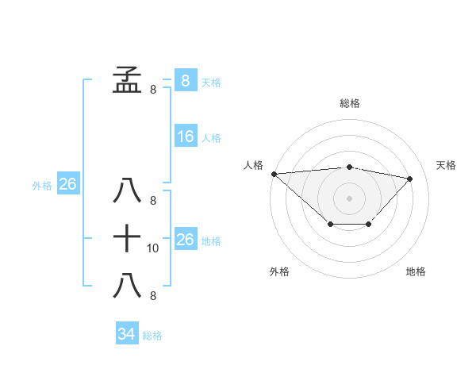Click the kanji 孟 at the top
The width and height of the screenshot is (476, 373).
[127, 79]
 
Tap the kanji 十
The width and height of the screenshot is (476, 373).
[127, 237]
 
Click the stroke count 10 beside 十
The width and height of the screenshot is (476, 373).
[153, 248]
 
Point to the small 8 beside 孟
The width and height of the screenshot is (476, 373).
[153, 90]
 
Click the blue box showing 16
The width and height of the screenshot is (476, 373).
[185, 137]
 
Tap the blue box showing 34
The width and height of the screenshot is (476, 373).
[126, 334]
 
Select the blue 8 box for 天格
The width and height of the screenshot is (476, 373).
[185, 80]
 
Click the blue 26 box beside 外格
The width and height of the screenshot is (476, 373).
[67, 184]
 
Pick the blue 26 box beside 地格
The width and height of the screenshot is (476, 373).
[185, 240]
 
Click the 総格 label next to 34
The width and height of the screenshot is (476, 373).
[152, 336]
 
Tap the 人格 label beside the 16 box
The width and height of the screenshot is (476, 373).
[211, 138]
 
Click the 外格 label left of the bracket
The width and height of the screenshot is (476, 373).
[42, 186]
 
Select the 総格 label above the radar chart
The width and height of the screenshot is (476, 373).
[349, 103]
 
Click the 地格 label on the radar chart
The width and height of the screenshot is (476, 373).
[416, 271]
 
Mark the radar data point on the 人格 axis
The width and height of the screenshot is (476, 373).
[274, 173]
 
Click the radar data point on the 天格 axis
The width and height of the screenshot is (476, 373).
[410, 179]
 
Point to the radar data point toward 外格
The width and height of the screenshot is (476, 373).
[330, 225]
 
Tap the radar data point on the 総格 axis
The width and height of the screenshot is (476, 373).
[349, 167]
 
